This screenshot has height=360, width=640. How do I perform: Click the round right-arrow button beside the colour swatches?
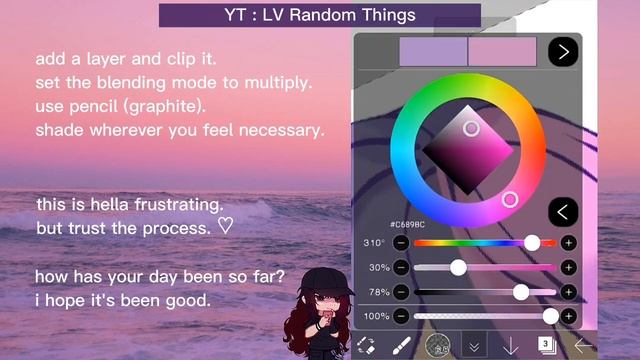[563, 51]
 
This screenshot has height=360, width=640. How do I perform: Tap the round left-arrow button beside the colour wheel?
[563, 211]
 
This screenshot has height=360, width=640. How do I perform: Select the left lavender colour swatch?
[432, 51]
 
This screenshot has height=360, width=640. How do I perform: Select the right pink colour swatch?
[502, 51]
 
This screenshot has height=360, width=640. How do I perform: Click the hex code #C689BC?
[409, 226]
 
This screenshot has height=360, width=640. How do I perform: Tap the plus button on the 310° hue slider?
[568, 243]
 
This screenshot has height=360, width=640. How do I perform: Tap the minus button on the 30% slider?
[400, 267]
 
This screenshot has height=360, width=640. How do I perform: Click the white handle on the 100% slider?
[550, 316]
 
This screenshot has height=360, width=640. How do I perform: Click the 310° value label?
[375, 243]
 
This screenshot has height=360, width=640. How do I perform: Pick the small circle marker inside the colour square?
[471, 128]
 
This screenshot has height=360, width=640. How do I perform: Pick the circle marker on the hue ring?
[510, 200]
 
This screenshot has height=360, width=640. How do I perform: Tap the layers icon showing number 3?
[547, 345]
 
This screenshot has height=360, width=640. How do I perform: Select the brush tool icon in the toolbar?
[399, 345]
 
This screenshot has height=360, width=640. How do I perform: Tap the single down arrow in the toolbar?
[510, 345]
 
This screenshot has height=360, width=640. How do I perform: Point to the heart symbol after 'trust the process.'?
[225, 228]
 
